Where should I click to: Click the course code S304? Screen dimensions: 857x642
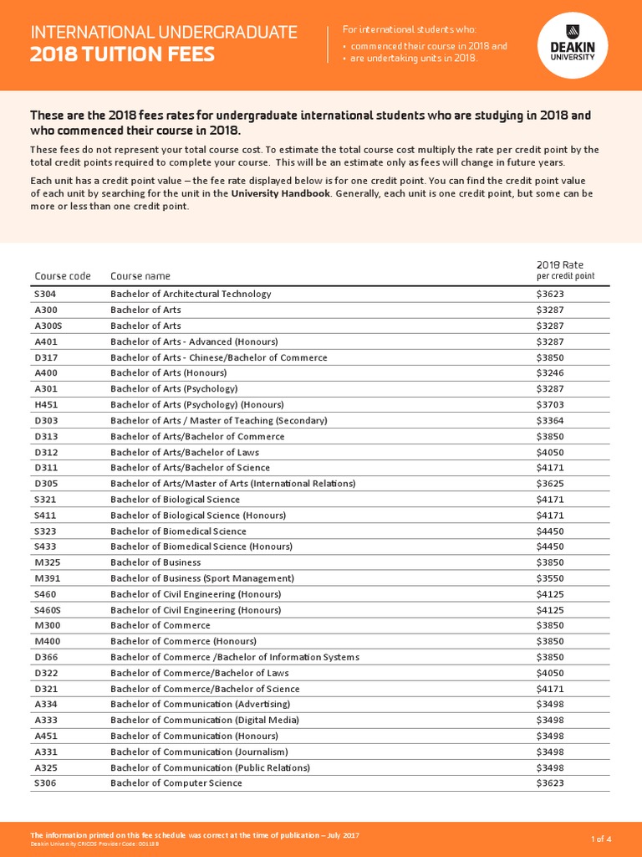coord(45,294)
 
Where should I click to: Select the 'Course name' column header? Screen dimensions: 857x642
coord(140,276)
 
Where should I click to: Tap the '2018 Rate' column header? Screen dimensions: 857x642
coord(560,264)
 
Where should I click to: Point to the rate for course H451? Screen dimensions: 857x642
coord(550,404)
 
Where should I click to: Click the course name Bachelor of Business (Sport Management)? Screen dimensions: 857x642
coord(202,578)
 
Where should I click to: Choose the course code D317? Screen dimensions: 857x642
coord(46,357)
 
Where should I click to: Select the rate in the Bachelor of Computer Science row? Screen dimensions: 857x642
coord(550,783)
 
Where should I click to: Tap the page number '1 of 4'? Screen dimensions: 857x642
coord(601,839)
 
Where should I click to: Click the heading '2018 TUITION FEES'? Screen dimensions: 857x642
coord(123,55)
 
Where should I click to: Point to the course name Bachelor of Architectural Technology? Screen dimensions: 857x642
coord(191,294)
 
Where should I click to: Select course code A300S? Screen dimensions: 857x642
coord(48,326)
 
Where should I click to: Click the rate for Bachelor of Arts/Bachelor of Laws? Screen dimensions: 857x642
coord(550,452)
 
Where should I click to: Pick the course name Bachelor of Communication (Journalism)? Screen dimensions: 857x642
coord(199,752)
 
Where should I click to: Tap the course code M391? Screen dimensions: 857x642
coord(47,578)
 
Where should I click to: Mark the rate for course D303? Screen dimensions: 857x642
coord(550,420)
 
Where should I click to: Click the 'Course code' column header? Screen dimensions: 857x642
coord(63,276)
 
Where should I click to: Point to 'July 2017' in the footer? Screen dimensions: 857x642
coord(339,835)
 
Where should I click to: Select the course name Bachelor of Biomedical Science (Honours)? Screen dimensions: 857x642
coord(201,547)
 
